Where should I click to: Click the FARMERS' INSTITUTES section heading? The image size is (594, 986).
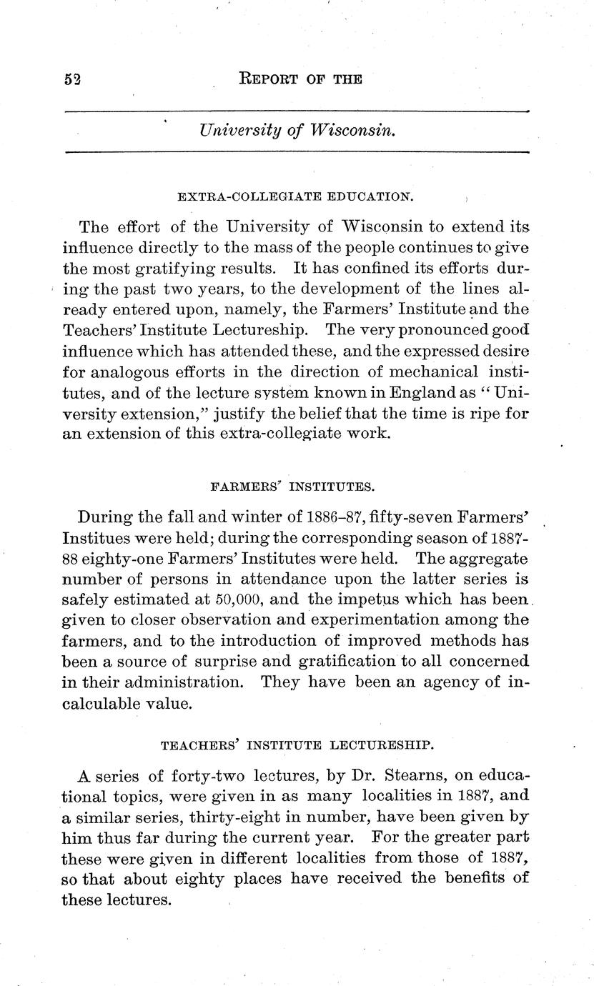point(292,487)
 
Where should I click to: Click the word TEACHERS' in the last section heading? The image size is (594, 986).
point(199,746)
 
